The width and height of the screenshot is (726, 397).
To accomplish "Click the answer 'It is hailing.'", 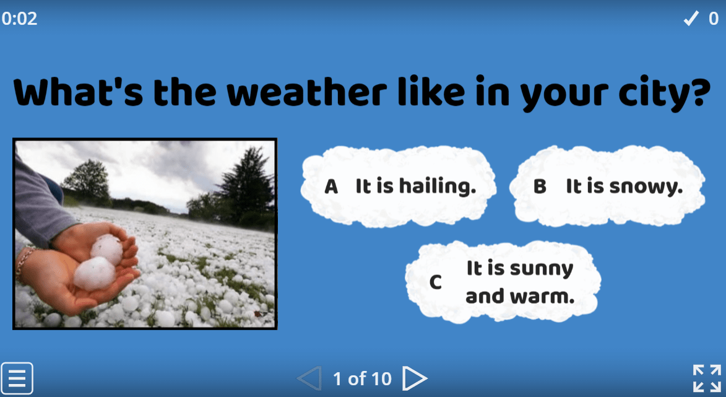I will pyautogui.click(x=415, y=186).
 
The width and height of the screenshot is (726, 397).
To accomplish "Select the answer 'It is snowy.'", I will pyautogui.click(x=624, y=186).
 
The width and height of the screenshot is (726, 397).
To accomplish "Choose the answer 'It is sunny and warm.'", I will pyautogui.click(x=520, y=282).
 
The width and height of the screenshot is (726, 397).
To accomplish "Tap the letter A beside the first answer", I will pyautogui.click(x=331, y=187).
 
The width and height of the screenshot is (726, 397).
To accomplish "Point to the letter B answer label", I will pyautogui.click(x=540, y=187).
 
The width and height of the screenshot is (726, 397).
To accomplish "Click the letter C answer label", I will pyautogui.click(x=436, y=283).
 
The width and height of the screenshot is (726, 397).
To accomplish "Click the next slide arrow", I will pyautogui.click(x=415, y=378).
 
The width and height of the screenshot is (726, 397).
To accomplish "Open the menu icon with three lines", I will pyautogui.click(x=17, y=378).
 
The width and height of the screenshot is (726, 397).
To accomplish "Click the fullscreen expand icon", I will pyautogui.click(x=707, y=378).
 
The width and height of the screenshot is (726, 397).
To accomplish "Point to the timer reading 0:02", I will pyautogui.click(x=20, y=19).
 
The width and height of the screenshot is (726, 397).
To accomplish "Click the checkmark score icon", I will pyautogui.click(x=690, y=19).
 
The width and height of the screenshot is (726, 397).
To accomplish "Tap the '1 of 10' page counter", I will pyautogui.click(x=362, y=378).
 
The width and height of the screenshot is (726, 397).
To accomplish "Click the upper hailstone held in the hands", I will pyautogui.click(x=107, y=248).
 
